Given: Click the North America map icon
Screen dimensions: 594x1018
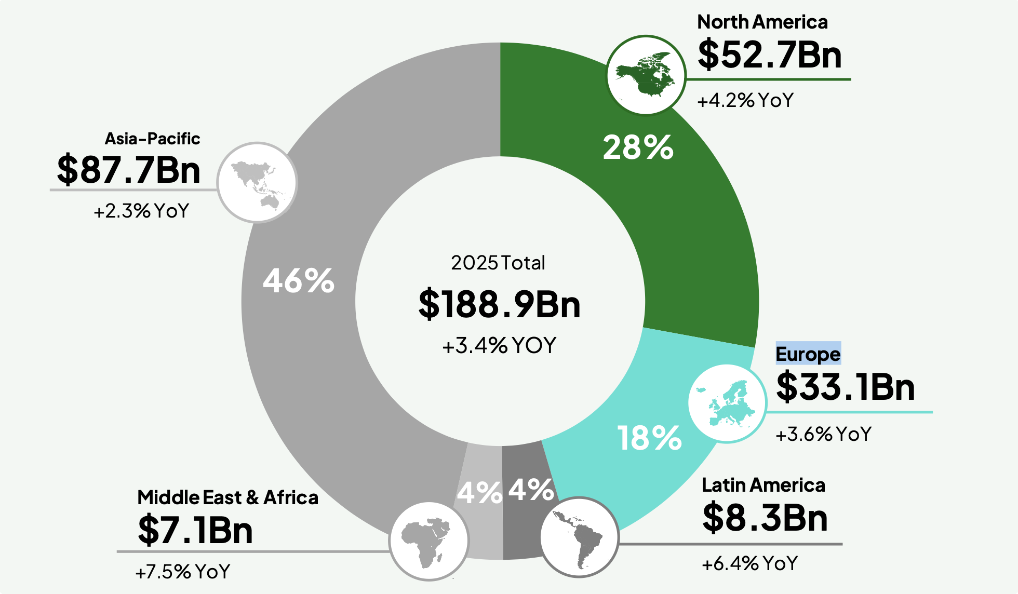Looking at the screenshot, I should pyautogui.click(x=646, y=75).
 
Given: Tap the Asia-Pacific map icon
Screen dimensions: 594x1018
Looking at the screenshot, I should pyautogui.click(x=257, y=183).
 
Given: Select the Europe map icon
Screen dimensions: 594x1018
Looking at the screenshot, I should pyautogui.click(x=727, y=403).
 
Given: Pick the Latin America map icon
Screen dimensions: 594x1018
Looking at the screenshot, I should pyautogui.click(x=579, y=537).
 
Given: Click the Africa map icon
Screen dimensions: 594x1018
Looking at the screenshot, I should pyautogui.click(x=429, y=541).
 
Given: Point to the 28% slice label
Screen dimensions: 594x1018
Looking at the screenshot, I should pyautogui.click(x=638, y=147).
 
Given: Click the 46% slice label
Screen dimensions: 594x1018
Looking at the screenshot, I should pyautogui.click(x=299, y=281).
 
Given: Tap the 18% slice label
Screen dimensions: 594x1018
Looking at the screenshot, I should pyautogui.click(x=649, y=438).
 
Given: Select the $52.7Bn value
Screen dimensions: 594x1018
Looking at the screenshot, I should pyautogui.click(x=769, y=55).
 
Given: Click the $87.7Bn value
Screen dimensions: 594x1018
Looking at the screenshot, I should pyautogui.click(x=128, y=170).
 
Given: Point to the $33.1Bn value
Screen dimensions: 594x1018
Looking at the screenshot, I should pyautogui.click(x=845, y=387).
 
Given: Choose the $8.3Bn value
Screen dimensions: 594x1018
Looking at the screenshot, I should pyautogui.click(x=765, y=518).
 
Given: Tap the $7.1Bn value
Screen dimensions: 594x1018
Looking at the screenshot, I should pyautogui.click(x=195, y=530).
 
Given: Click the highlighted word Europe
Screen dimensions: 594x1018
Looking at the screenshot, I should pyautogui.click(x=808, y=354).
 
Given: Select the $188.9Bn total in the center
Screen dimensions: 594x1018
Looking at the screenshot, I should pyautogui.click(x=499, y=304).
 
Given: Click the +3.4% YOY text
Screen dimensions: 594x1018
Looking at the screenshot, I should pyautogui.click(x=499, y=345).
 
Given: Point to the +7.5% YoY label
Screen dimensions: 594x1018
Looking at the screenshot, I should pyautogui.click(x=182, y=572).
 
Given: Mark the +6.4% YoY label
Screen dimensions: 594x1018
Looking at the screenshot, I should pyautogui.click(x=749, y=563).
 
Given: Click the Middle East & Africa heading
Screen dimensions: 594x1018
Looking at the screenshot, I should pyautogui.click(x=227, y=497).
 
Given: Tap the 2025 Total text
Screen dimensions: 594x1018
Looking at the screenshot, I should pyautogui.click(x=498, y=263).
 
